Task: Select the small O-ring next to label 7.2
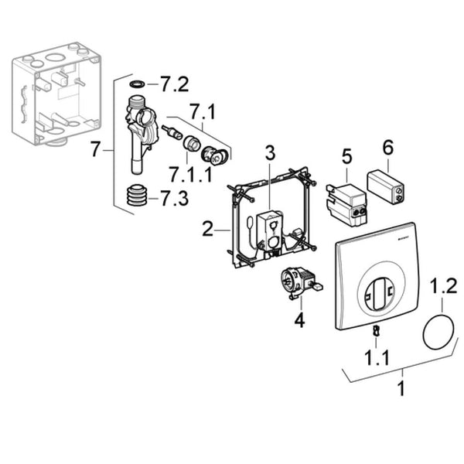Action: tap(137, 84)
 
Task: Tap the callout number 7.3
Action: tap(174, 198)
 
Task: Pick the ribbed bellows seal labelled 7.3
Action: tap(137, 195)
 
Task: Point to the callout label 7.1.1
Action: tap(191, 174)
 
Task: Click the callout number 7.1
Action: tap(203, 111)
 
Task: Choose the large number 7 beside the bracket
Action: tap(95, 149)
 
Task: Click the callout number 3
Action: tap(270, 153)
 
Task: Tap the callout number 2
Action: tap(207, 229)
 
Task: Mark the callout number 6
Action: tap(388, 147)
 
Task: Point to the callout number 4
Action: tap(299, 320)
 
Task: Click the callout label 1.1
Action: tap(377, 357)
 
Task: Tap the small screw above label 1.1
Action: tap(376, 330)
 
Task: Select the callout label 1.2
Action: tap(443, 285)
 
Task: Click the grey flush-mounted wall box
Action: tap(56, 94)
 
